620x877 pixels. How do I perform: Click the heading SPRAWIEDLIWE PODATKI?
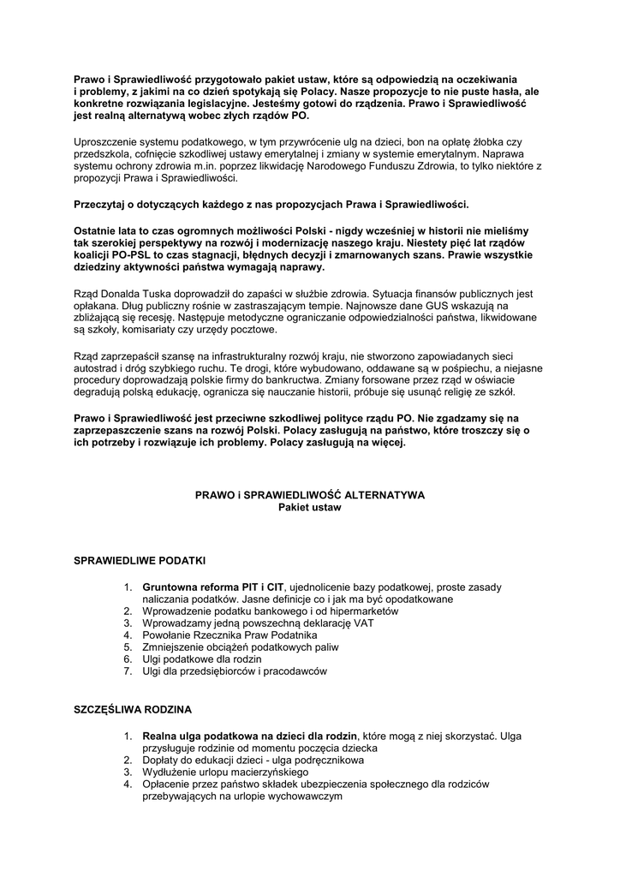pyautogui.click(x=140, y=561)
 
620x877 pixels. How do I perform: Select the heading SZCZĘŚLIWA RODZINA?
pyautogui.click(x=133, y=710)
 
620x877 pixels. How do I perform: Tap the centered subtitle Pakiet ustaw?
pyautogui.click(x=310, y=507)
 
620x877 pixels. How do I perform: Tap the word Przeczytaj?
pyautogui.click(x=104, y=205)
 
